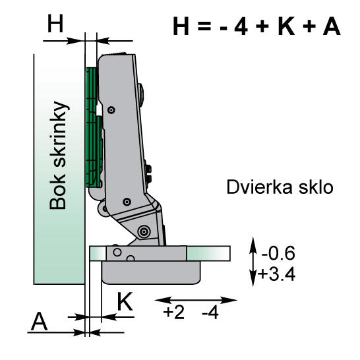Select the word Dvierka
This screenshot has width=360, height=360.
click(x=253, y=187)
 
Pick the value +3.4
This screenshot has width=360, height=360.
click(x=278, y=273)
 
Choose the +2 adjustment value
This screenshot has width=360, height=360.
click(x=174, y=311)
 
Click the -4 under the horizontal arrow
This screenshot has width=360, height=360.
click(x=209, y=311)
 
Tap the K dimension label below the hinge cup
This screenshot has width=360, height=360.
click(x=125, y=302)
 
